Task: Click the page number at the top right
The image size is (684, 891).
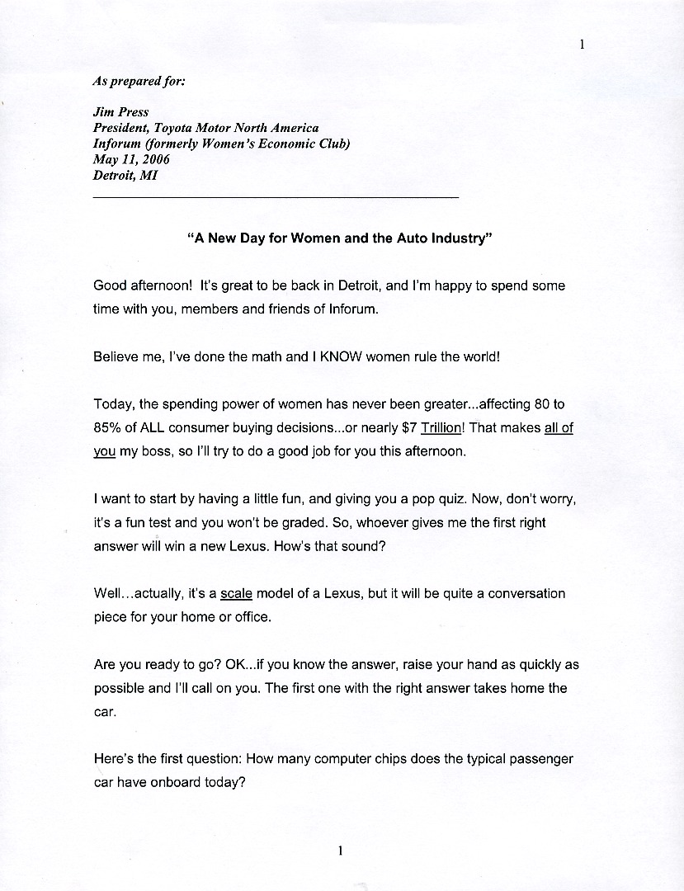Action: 582,45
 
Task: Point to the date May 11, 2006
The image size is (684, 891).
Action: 131,159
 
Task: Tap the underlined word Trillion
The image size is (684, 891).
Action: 441,428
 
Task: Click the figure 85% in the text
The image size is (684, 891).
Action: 109,428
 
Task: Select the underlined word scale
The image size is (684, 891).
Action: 237,594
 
